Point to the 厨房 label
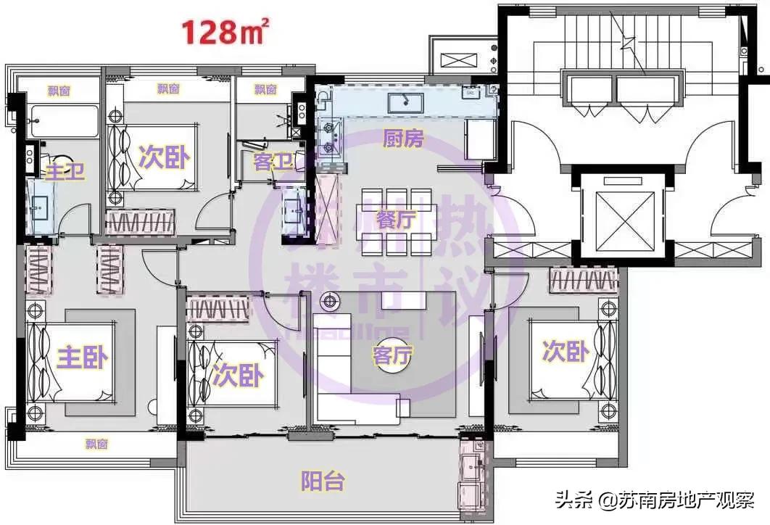(x=402, y=139)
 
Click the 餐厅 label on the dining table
(x=396, y=219)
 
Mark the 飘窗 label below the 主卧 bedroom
(x=96, y=444)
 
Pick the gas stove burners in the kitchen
(x=328, y=138)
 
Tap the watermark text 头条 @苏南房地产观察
(x=655, y=500)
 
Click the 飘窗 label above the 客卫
(x=265, y=90)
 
